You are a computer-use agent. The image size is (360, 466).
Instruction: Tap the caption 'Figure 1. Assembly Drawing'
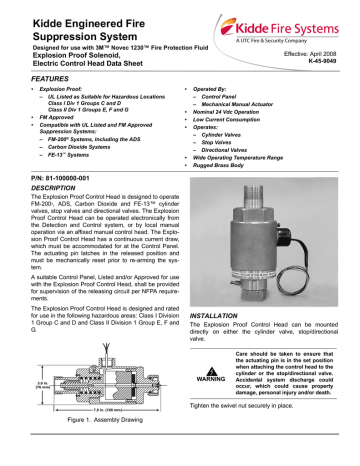click(x=91, y=451)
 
